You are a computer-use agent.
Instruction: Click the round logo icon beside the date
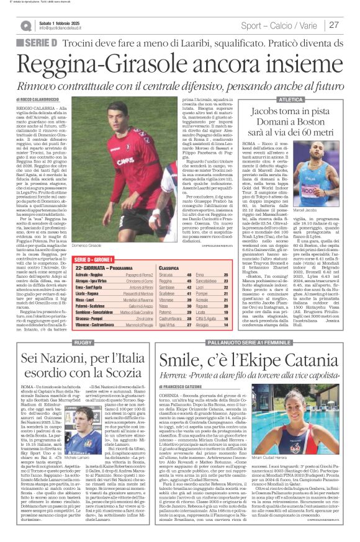click(25, 25)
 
